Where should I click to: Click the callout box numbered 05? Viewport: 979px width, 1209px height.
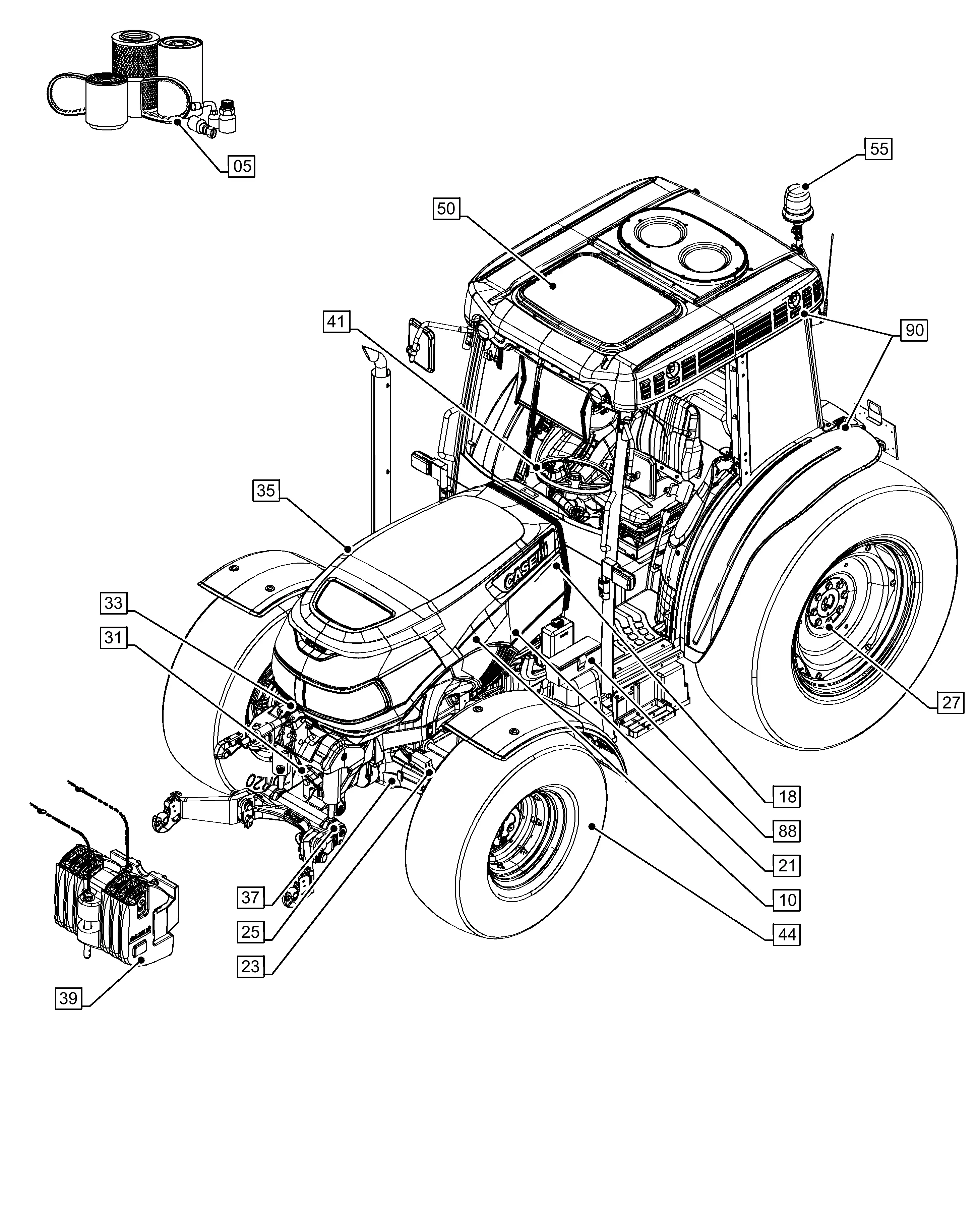241,166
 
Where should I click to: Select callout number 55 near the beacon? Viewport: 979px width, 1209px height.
878,150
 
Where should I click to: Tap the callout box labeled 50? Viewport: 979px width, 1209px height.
446,209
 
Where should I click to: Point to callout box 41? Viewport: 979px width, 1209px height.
337,322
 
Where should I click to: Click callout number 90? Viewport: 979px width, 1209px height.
914,330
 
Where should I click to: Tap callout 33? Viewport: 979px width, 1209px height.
113,603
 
